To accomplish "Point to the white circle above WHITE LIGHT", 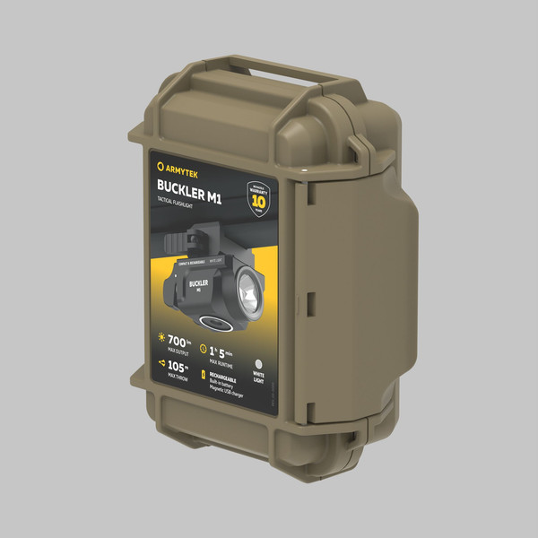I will (x=260, y=355).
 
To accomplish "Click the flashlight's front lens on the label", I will (x=249, y=290).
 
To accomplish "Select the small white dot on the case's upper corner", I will (x=303, y=168).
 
